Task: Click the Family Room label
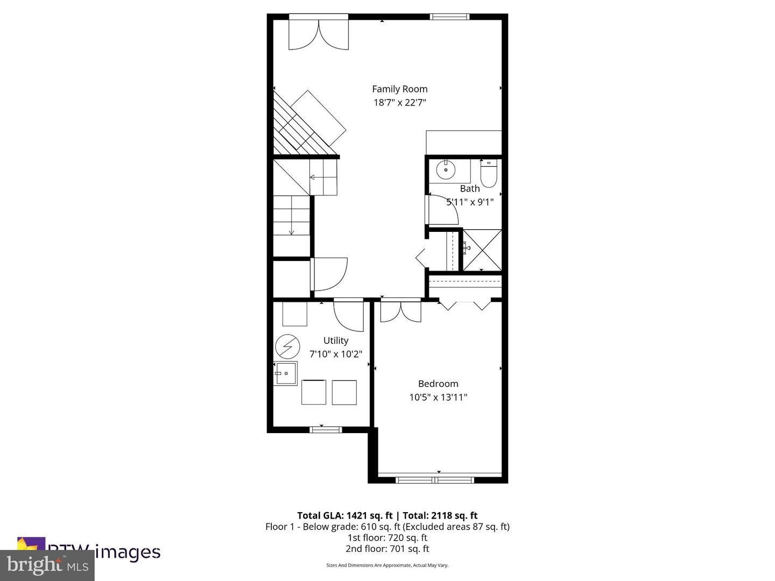(400, 89)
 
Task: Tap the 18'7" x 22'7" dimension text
(400, 103)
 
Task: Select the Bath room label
(470, 189)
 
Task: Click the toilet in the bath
(488, 174)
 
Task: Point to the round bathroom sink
(446, 170)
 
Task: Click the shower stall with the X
(482, 250)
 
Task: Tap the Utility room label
(336, 341)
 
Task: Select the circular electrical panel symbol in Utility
(287, 346)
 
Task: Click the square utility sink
(286, 373)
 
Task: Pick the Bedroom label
(438, 384)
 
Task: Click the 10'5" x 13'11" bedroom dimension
(438, 398)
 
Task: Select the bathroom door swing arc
(443, 210)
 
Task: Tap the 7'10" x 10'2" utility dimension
(336, 355)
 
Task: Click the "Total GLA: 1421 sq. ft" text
(344, 515)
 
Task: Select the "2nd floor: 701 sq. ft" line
(387, 549)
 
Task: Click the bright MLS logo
(47, 565)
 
